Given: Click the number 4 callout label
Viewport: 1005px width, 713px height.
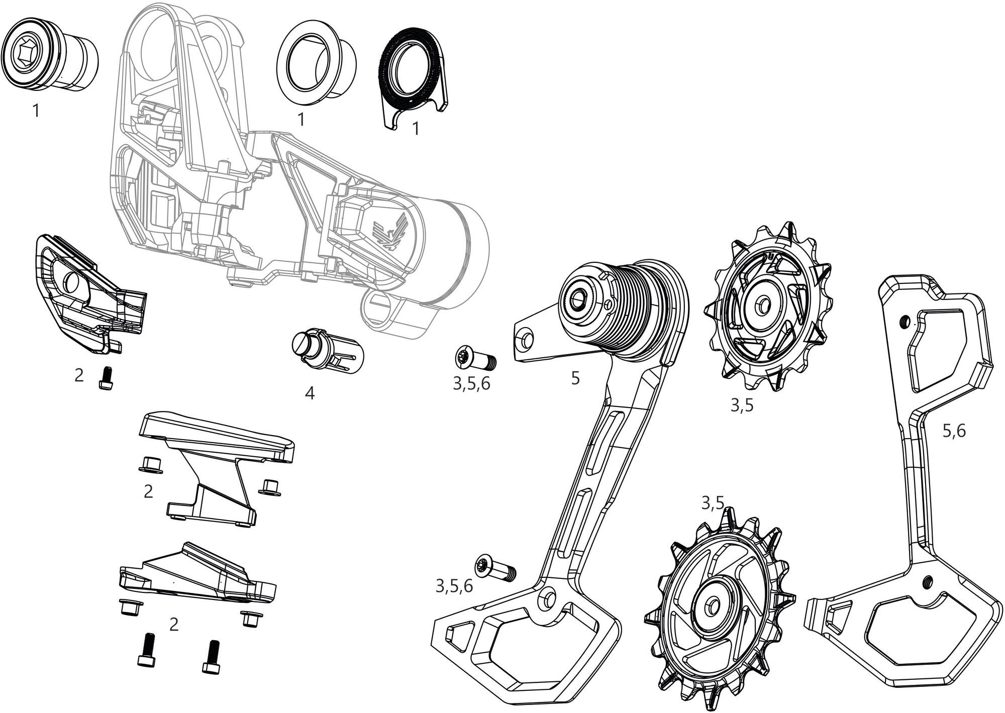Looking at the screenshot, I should (x=310, y=393).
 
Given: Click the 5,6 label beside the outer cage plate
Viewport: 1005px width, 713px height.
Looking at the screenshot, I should (x=953, y=431).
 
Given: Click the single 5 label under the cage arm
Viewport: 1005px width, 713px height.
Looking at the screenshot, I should (x=575, y=378).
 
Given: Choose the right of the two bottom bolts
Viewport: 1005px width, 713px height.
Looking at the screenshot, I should (x=213, y=656).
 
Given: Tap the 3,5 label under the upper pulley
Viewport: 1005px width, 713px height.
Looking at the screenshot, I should (x=742, y=405).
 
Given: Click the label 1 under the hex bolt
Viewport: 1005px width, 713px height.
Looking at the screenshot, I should (x=36, y=111).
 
